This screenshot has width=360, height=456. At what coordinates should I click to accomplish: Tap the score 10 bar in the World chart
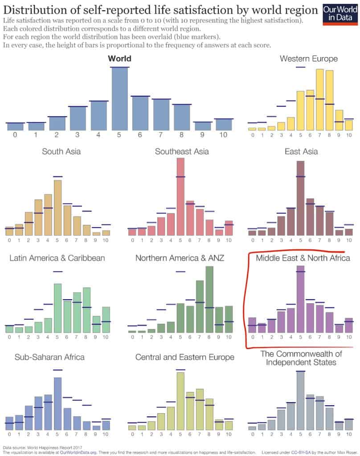[224, 125]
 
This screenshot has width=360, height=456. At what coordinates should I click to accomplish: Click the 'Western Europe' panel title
[308, 59]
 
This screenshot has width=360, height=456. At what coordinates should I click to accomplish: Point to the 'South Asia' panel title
[61, 151]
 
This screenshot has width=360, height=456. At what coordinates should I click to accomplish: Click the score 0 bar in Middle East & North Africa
[252, 325]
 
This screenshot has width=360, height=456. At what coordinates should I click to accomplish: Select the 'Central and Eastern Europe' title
[184, 357]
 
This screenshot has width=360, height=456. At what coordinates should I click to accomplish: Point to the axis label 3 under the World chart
[78, 135]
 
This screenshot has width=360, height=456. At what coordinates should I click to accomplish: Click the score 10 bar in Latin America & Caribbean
[106, 320]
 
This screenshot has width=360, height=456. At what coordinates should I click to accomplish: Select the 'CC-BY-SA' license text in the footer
[300, 452]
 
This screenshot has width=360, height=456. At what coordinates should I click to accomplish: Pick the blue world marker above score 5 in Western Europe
[300, 67]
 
